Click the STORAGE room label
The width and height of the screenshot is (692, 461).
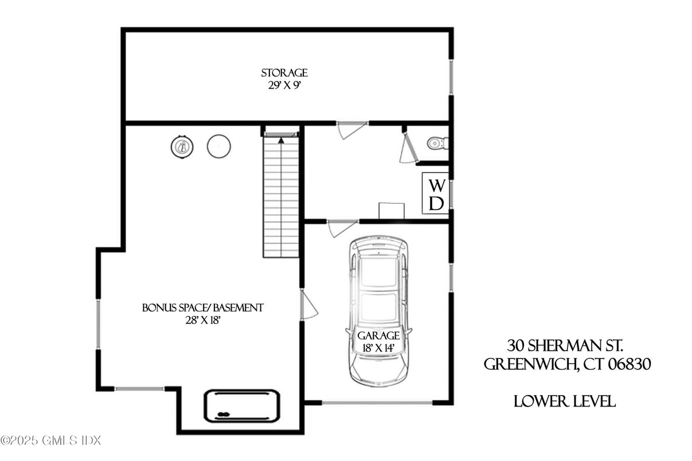[284, 73]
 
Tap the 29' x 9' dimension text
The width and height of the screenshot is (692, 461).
[284, 85]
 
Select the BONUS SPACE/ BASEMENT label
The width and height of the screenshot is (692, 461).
[203, 308]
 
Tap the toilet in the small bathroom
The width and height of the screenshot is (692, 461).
[438, 142]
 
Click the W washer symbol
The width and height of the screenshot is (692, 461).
[437, 185]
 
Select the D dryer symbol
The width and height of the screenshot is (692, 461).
[437, 203]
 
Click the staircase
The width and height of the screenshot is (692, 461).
[282, 195]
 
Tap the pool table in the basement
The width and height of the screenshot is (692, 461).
[242, 405]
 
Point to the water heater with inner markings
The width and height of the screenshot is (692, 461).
[182, 147]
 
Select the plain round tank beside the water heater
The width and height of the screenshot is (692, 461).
[218, 146]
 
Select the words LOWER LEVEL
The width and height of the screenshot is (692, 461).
[565, 401]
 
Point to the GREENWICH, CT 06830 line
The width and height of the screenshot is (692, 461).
[567, 364]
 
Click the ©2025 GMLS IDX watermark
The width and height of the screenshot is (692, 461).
[50, 440]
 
